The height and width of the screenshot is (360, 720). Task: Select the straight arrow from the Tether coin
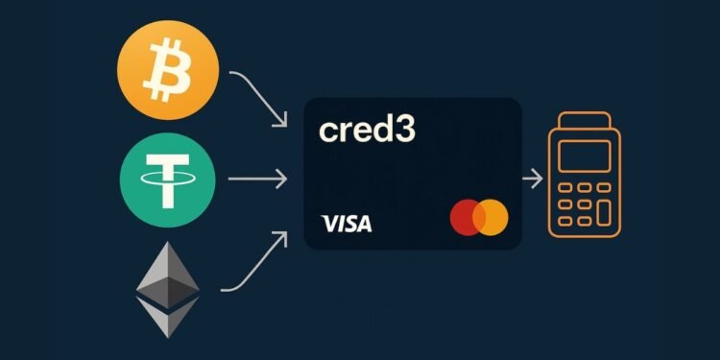tap(257, 179)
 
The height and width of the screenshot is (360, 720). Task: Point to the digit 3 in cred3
tap(405, 131)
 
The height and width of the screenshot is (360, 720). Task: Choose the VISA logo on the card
tap(347, 224)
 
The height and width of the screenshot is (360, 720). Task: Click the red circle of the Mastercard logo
tap(467, 218)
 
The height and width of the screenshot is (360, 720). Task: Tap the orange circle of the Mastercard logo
tap(492, 218)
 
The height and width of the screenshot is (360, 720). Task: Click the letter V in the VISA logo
tap(329, 224)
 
